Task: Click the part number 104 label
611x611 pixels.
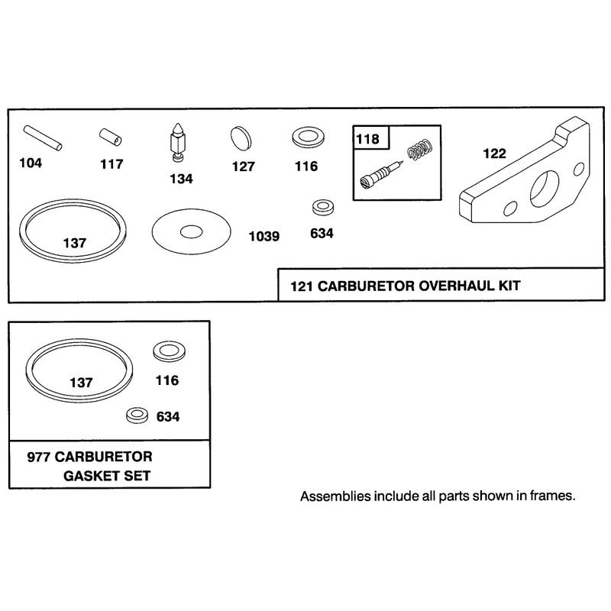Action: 31,163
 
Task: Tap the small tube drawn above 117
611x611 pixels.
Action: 110,137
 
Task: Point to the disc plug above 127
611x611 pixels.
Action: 241,138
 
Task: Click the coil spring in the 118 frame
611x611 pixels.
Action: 420,149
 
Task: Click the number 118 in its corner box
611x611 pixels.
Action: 367,139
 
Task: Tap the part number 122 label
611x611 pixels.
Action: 494,154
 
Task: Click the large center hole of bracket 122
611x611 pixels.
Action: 545,189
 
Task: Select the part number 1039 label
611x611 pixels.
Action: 264,236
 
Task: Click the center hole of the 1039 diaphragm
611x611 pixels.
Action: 192,232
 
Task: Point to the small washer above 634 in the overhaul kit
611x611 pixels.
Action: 323,207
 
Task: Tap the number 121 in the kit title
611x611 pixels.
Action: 302,286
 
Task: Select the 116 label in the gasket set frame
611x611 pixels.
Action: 167,380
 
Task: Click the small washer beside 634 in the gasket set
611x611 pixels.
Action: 137,415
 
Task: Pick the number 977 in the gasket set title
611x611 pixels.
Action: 39,457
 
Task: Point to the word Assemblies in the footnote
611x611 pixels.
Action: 335,496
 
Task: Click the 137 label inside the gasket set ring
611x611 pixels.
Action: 81,383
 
